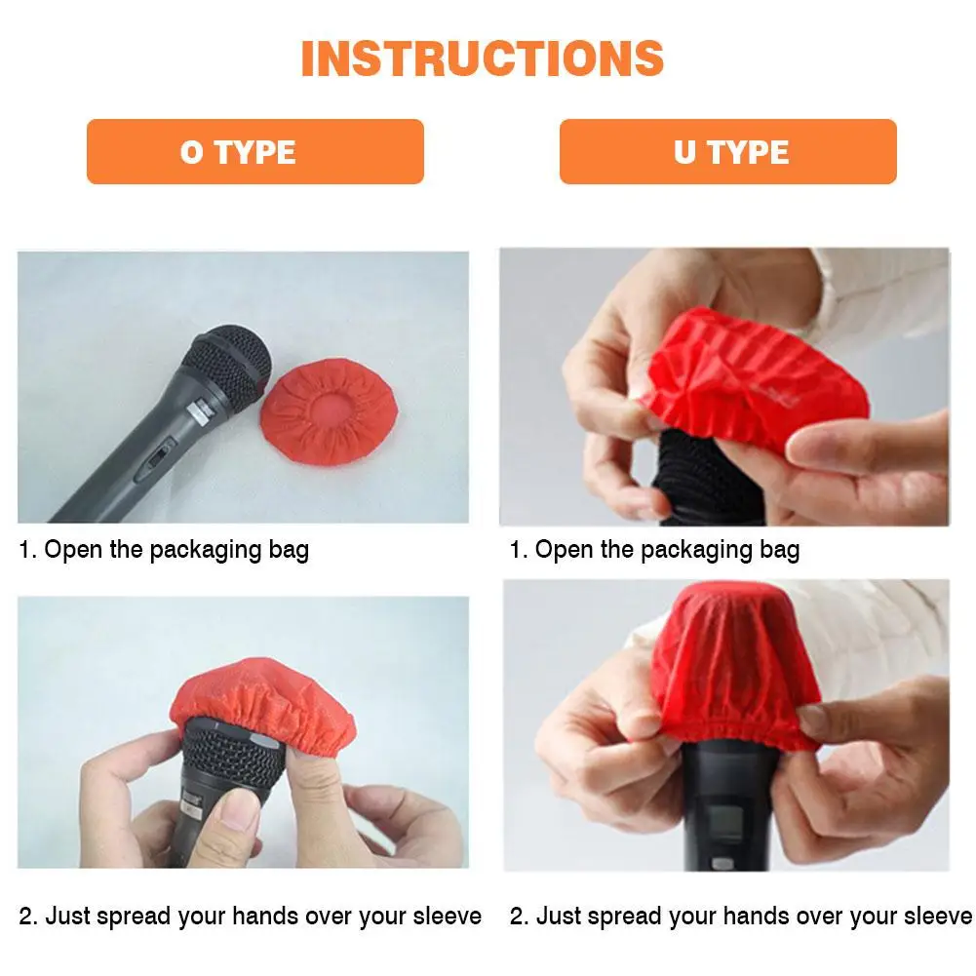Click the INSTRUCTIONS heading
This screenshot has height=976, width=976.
click(483, 59)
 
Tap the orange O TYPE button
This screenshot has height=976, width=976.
click(255, 151)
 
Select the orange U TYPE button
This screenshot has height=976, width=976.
click(728, 151)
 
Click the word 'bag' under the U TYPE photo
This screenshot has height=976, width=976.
click(779, 551)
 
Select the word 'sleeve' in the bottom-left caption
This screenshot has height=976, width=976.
click(447, 916)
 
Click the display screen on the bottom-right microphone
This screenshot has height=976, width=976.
click(725, 823)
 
